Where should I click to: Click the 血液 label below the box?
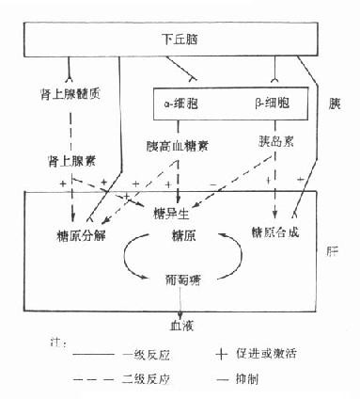(x=180, y=326)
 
